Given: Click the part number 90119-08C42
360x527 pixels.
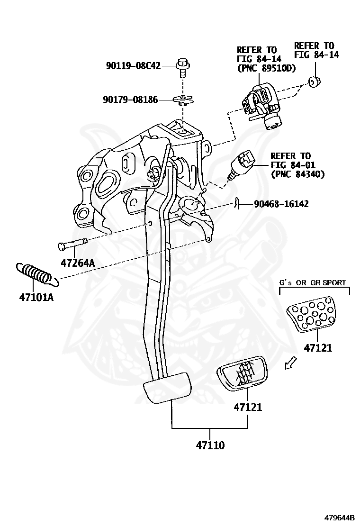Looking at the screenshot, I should (x=133, y=66).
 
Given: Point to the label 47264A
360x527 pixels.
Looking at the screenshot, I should (x=77, y=262).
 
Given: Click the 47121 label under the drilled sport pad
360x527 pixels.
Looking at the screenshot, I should (x=318, y=348).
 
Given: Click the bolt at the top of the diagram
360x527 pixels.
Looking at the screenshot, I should (x=182, y=67).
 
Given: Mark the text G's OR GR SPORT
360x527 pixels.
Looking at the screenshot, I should (x=313, y=282).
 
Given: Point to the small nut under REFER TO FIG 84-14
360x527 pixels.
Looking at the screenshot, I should (x=314, y=82).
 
